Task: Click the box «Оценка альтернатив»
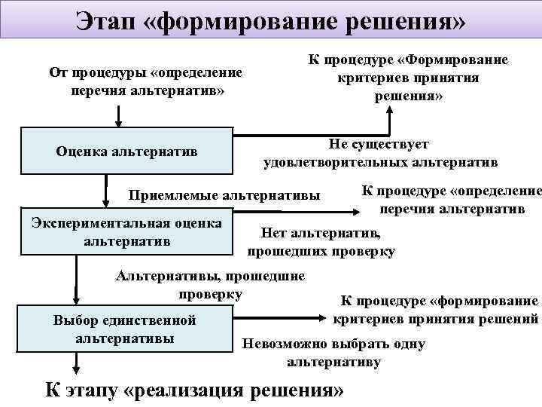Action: (x=126, y=151)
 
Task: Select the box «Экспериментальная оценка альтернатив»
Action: (x=126, y=232)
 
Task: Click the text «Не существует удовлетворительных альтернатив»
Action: (x=380, y=152)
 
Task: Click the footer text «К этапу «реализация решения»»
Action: (x=195, y=390)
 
